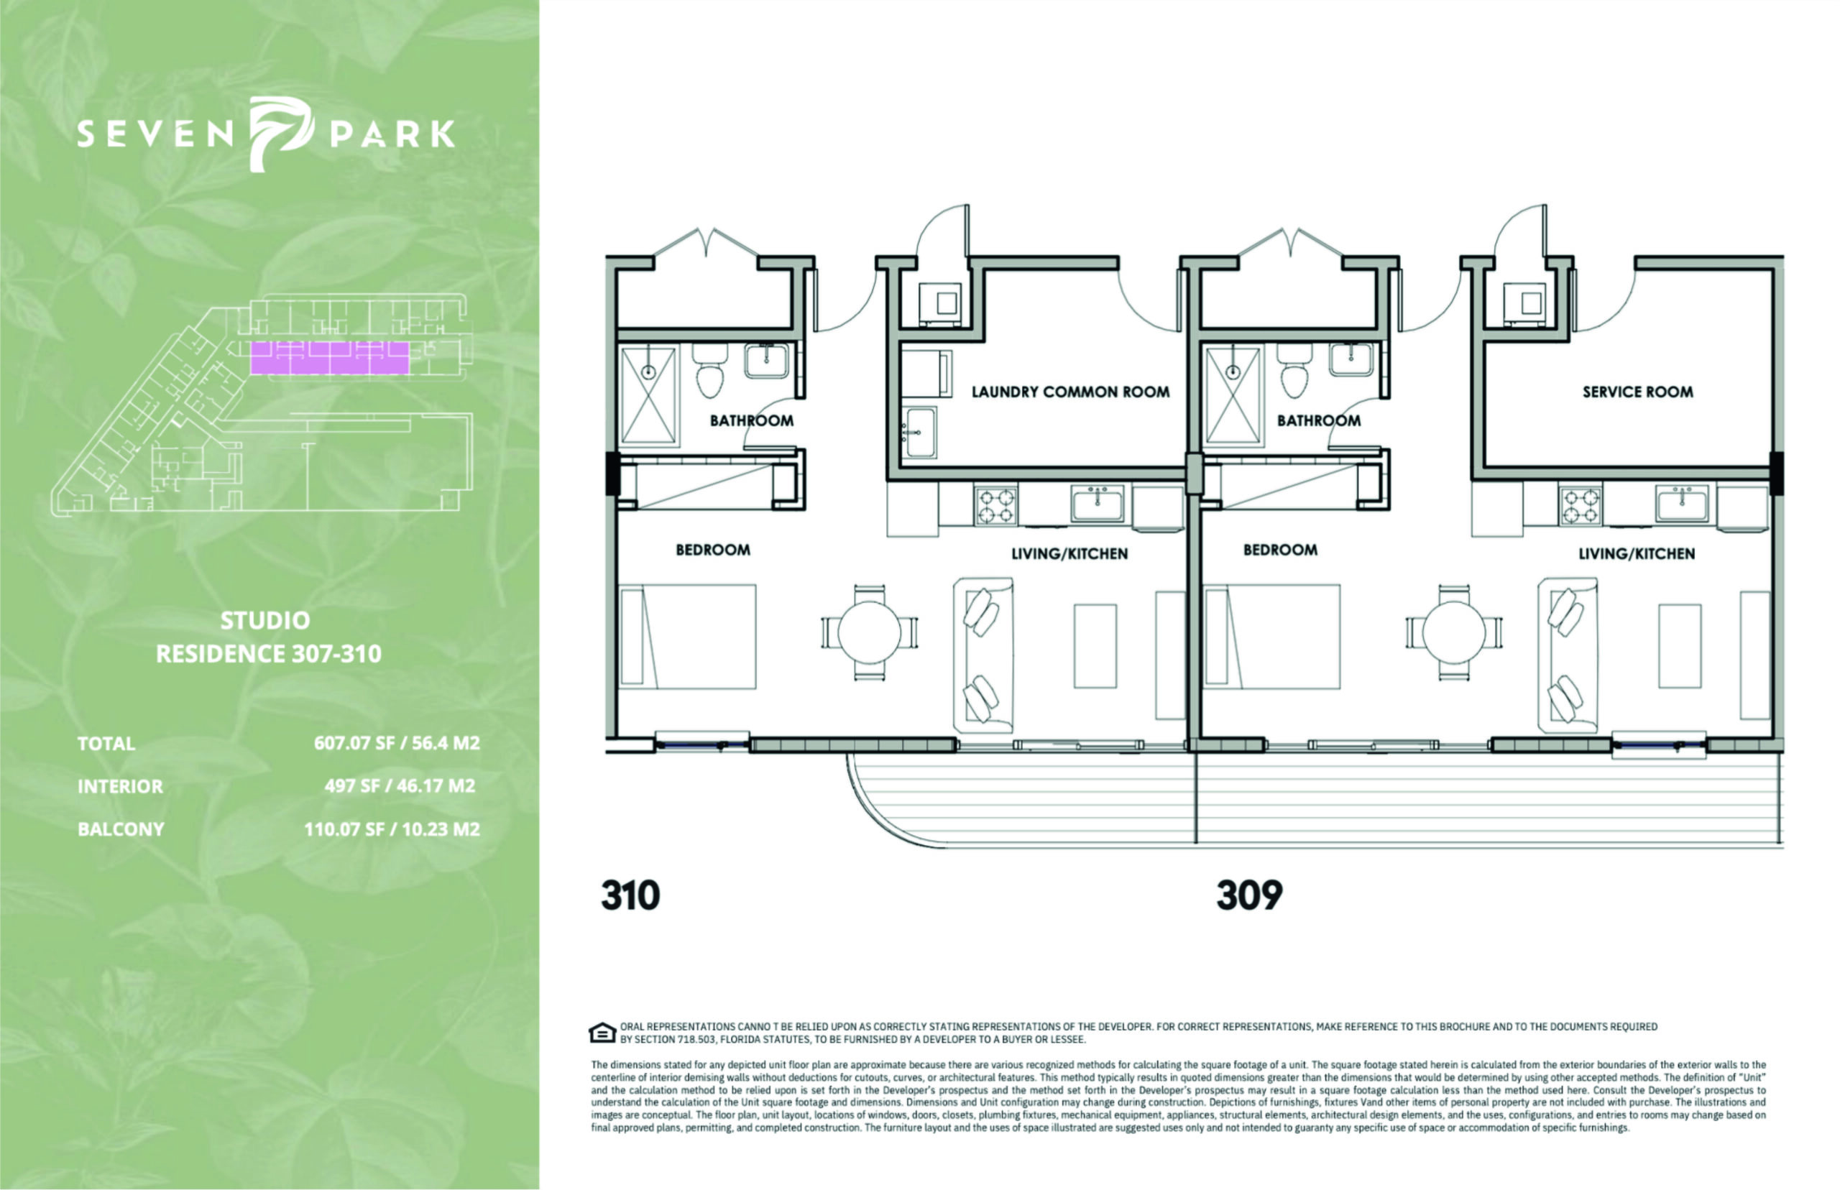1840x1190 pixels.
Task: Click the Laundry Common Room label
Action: [1069, 392]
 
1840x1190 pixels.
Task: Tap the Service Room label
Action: [1637, 392]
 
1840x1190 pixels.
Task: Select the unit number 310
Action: [630, 895]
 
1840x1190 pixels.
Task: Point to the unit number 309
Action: [1248, 895]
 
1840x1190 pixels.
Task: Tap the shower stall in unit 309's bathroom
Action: [1232, 396]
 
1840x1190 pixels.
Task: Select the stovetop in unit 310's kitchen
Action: [996, 505]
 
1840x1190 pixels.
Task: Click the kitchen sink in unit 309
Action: [1681, 504]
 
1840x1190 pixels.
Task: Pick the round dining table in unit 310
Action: [870, 633]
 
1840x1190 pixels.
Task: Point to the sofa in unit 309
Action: [1567, 655]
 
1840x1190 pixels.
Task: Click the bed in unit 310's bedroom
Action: [688, 636]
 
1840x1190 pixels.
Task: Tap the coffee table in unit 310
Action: [1095, 646]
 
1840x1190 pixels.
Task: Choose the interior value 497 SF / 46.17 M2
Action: [400, 787]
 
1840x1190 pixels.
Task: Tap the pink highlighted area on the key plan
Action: [330, 358]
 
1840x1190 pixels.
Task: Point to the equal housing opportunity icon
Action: [602, 1033]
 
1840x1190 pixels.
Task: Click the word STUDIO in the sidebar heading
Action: [265, 620]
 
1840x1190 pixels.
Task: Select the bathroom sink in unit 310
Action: [766, 361]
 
